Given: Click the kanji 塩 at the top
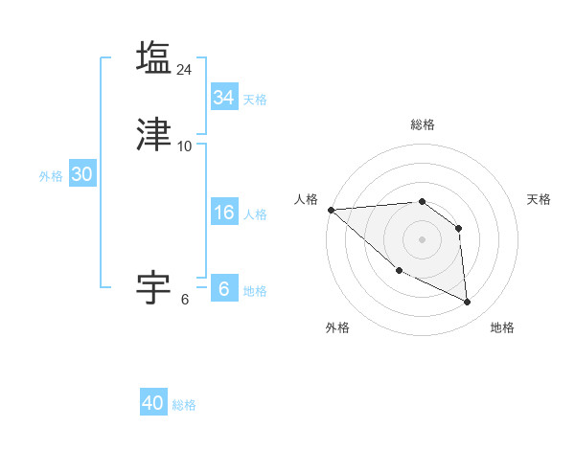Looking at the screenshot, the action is point(154,56).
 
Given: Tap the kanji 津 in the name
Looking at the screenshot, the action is point(154,134).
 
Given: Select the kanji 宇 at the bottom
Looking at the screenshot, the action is point(154,286).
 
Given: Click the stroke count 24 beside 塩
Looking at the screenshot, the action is point(185,69).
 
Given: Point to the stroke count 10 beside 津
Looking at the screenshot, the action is point(185,146).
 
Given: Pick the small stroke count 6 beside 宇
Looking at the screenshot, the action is point(185,299).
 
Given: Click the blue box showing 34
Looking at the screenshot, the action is point(223,98).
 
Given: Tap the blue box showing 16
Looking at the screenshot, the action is point(223,214).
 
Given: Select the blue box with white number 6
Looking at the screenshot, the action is point(223,289).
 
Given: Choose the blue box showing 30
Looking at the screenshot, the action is point(81,174).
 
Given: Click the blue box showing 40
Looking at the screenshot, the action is point(153,403).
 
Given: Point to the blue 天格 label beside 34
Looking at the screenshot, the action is point(255,99).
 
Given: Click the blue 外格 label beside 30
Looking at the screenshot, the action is point(51,175).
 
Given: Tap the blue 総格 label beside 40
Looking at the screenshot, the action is point(184,404).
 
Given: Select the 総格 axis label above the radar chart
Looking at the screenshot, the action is point(423,124).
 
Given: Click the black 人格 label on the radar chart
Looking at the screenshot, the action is point(307,199).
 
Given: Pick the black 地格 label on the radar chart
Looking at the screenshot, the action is point(502,327).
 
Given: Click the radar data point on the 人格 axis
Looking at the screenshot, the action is point(331,210).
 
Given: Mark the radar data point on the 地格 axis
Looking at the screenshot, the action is point(468,303).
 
